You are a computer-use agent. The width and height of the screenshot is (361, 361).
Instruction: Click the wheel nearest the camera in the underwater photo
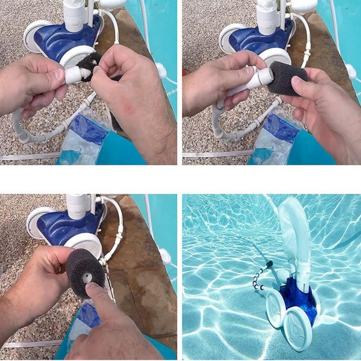(x=298, y=329)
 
